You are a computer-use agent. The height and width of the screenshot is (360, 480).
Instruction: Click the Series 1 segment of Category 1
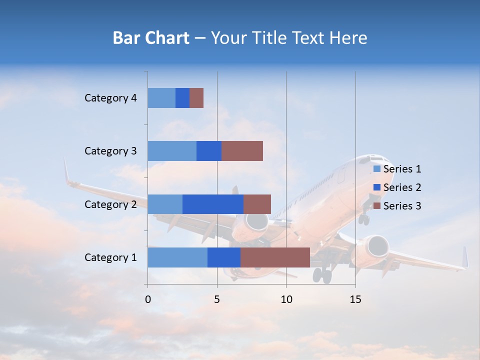click(177, 257)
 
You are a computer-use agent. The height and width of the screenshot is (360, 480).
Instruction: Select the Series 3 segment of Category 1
click(275, 257)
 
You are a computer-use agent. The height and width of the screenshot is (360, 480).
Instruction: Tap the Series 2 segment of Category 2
click(213, 204)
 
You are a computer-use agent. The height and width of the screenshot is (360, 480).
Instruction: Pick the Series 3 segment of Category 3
click(242, 151)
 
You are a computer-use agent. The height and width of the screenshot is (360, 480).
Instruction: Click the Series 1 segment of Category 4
click(161, 98)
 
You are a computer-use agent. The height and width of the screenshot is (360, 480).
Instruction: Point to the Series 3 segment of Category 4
click(196, 98)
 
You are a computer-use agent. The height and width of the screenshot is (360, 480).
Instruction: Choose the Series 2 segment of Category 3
click(209, 151)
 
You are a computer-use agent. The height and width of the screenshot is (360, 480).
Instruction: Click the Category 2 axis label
click(110, 204)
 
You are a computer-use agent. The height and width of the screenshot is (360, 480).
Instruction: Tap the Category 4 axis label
click(110, 98)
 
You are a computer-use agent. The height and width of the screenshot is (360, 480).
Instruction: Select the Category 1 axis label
click(110, 257)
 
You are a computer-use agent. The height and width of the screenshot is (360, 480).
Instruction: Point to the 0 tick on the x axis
click(148, 299)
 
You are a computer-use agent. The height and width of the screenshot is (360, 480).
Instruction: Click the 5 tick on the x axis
click(217, 299)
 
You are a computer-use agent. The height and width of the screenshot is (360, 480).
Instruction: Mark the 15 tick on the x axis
click(355, 299)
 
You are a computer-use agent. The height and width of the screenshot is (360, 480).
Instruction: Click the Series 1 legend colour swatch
click(377, 169)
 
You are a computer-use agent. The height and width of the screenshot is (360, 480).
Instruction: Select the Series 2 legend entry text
click(402, 187)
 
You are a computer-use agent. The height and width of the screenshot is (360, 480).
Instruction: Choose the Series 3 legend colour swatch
click(377, 206)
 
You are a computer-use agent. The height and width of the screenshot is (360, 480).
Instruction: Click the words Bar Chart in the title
click(151, 38)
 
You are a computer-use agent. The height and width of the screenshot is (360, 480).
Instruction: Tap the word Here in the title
click(348, 38)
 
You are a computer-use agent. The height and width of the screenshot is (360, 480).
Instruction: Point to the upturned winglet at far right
click(465, 257)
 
